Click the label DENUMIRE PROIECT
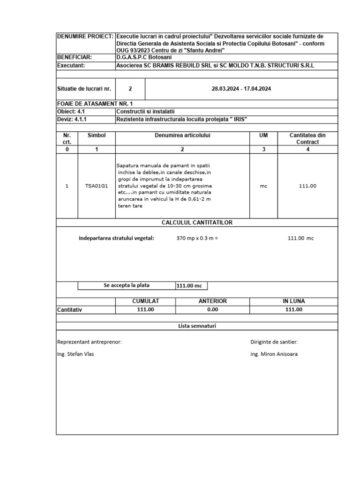coord(85,37)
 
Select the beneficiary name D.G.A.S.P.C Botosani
coord(145,57)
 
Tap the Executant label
coord(71,66)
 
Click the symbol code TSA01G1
coord(97,186)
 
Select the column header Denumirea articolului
coord(182,135)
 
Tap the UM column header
coord(263,135)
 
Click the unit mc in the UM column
coord(263,186)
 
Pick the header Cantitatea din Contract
coord(307,138)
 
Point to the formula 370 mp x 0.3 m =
coord(197,238)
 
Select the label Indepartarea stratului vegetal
coord(116,238)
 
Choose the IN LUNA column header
coord(294,301)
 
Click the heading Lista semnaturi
coord(197,326)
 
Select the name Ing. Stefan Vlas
coord(75,354)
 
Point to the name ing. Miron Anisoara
coord(274,354)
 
